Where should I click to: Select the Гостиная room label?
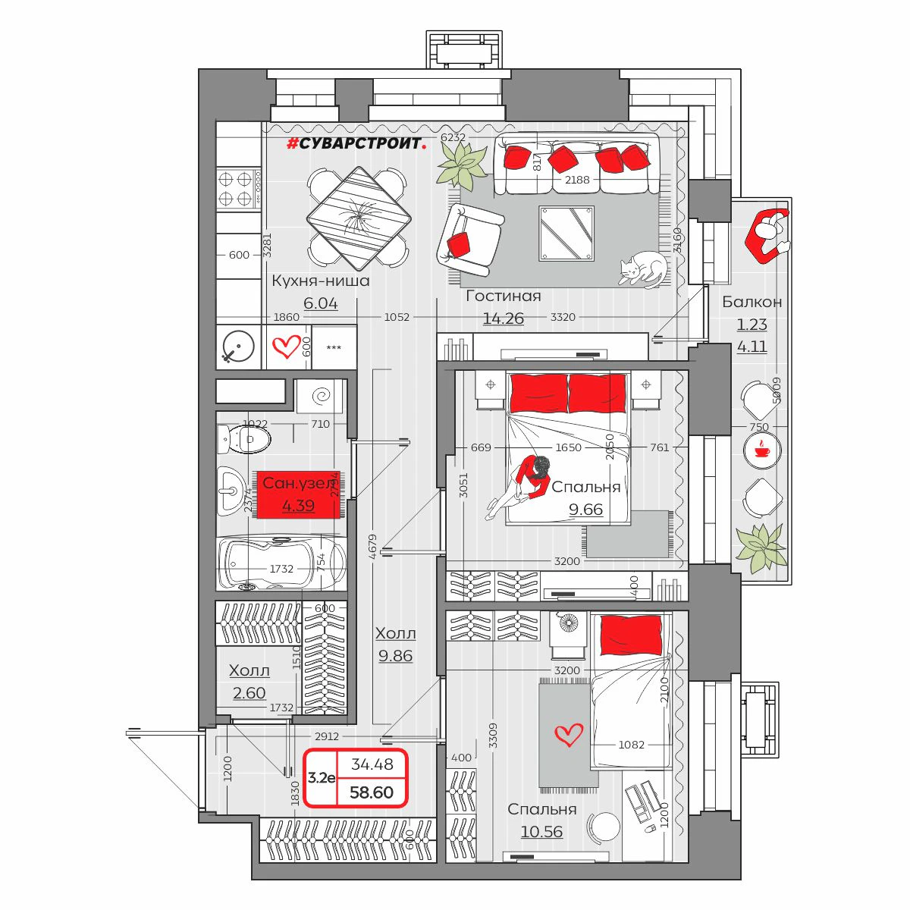tap(504, 297)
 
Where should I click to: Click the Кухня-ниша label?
tap(321, 281)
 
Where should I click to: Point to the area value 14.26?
tap(504, 318)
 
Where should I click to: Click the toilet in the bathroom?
tap(244, 438)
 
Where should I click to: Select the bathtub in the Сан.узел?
tap(281, 563)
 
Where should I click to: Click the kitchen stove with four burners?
tap(236, 189)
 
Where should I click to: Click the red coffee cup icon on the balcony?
tap(762, 450)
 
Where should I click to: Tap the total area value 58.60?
tap(372, 792)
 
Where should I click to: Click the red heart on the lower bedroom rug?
tap(569, 734)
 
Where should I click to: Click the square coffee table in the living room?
tap(566, 233)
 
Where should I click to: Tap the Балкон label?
tap(752, 302)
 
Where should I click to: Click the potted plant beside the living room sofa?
tap(462, 164)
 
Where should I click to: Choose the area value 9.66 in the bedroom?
tap(586, 510)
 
